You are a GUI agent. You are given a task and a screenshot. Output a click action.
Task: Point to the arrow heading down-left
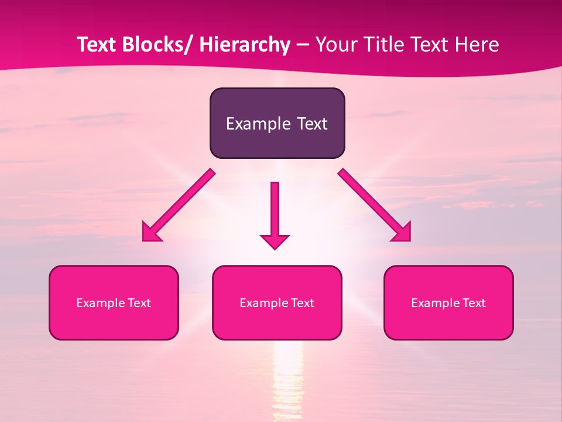(179, 205)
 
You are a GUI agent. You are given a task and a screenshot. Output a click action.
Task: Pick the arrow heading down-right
(375, 205)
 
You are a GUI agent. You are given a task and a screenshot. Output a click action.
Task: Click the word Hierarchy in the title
(245, 45)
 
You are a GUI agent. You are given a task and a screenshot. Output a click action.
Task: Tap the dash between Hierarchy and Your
(303, 45)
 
